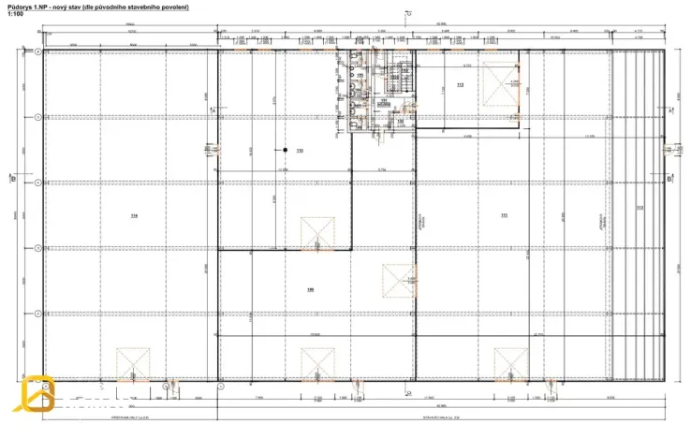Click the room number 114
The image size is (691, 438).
coord(134,216)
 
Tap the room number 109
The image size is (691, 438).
coord(310,289)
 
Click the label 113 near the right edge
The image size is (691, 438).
coord(640,208)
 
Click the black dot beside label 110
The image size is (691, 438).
coord(285,150)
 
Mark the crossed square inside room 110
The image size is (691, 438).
coord(317,233)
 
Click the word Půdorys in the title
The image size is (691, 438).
coord(21,7)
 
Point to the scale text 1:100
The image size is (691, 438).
coord(16,15)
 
